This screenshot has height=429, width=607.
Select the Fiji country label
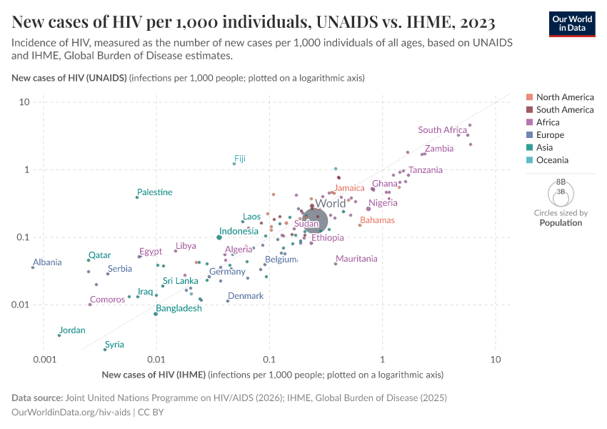pos(240,159)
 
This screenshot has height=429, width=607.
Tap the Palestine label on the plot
pos(154,192)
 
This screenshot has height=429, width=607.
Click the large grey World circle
pos(314,220)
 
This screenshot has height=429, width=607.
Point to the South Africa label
pos(443,130)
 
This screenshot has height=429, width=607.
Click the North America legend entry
pos(564,97)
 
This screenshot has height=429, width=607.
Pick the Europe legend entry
pos(550,135)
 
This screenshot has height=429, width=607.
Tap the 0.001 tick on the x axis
pos(44,359)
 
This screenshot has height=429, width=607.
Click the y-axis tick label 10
pos(24,102)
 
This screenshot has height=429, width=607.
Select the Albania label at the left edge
pos(47,262)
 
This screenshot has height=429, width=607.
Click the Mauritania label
pos(356,259)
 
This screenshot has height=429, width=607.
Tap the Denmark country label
pos(246,296)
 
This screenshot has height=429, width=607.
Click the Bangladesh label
pos(179,309)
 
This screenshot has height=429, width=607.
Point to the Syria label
pos(114,345)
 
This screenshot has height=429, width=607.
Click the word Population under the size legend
pos(561,222)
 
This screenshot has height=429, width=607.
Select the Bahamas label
pos(377,220)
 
